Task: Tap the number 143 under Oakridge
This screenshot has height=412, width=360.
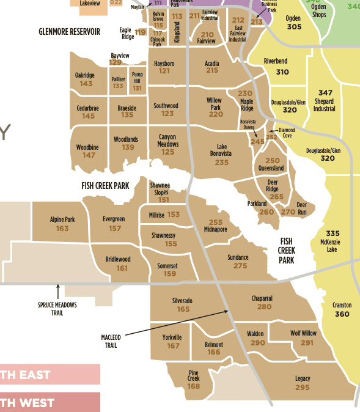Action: coord(86,84)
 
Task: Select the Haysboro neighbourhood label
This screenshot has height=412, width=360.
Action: coord(164,63)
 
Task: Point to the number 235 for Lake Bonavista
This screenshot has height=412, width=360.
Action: coord(222,163)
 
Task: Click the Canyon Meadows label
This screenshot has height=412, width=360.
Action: coord(168,141)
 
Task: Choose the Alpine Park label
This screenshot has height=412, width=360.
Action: coord(62,219)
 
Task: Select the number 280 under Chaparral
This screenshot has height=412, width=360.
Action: coord(264,307)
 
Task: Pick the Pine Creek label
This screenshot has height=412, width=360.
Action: coord(194,375)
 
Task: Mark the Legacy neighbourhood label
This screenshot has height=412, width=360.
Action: coord(303,378)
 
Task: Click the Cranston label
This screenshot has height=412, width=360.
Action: coord(342,305)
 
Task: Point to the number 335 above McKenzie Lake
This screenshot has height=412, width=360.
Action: coord(332,234)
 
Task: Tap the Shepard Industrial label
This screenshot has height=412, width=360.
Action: coord(325,105)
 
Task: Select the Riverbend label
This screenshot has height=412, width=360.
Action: coord(275,62)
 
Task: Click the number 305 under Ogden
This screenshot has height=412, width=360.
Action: coord(294,27)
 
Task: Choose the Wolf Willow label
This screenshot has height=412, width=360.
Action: coord(303,333)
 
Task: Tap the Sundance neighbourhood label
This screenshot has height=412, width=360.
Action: coord(238,257)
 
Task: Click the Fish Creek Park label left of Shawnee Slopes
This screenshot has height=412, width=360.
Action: coord(105,185)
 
